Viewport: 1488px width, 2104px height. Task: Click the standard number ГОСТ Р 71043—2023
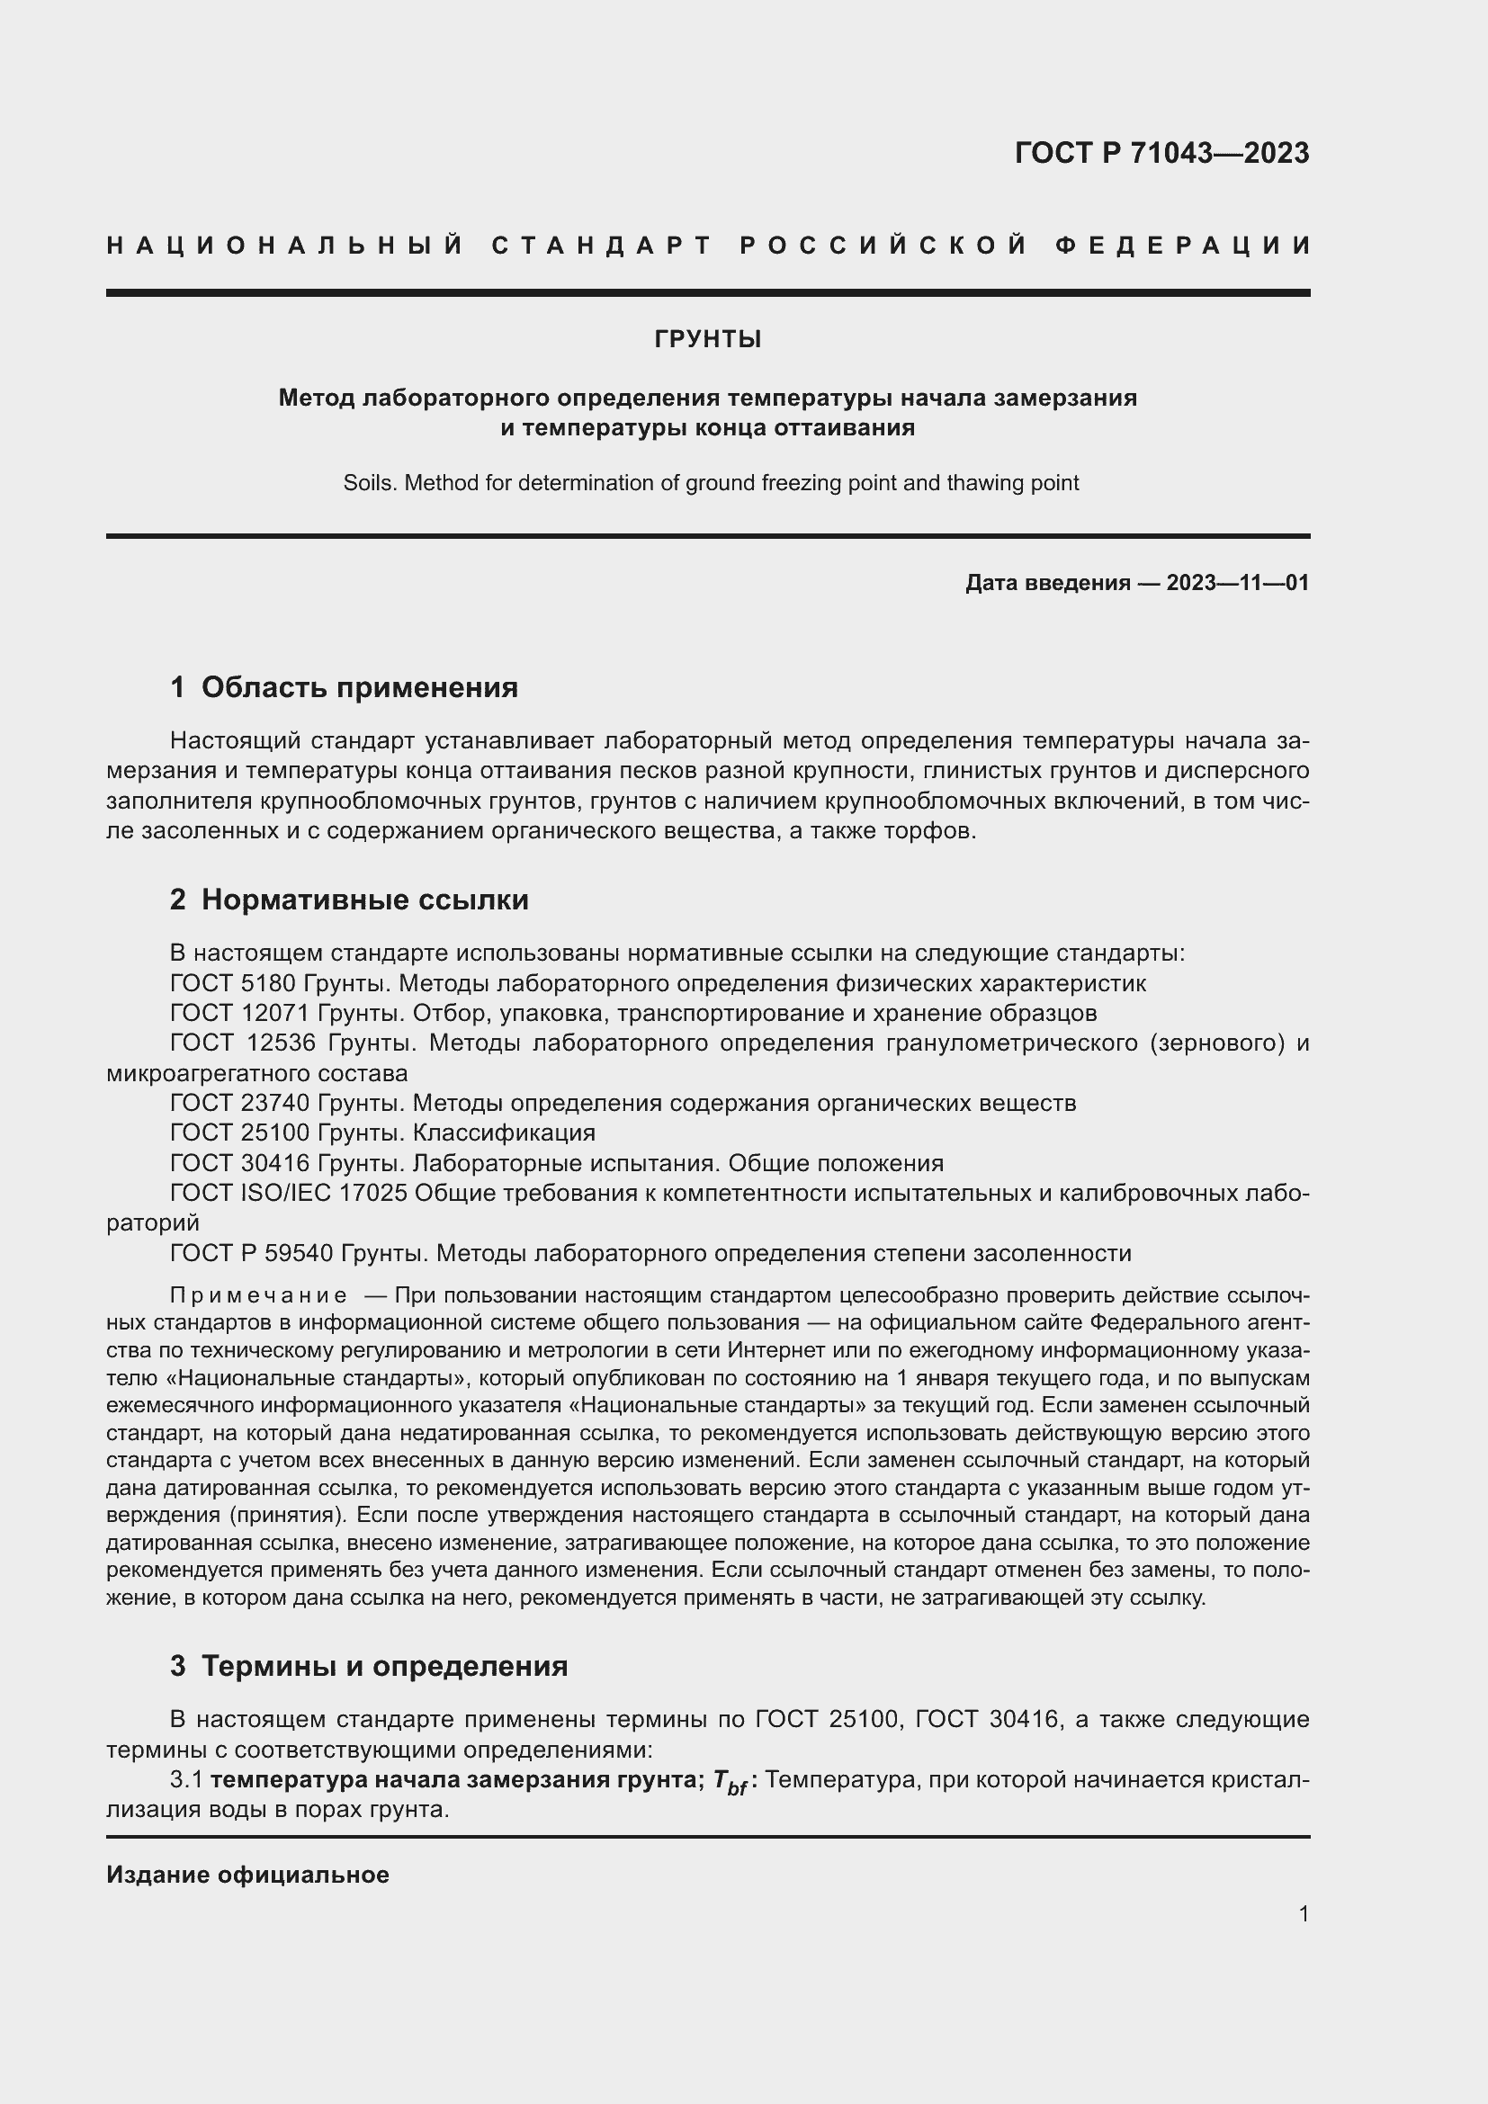click(x=1161, y=153)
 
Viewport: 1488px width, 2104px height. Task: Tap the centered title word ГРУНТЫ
click(x=707, y=340)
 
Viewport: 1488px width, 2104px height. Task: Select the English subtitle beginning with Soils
click(x=711, y=483)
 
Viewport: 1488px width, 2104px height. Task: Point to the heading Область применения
click(x=359, y=687)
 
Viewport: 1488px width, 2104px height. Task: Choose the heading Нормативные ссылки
click(x=364, y=900)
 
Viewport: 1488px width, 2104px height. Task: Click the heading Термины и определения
click(x=384, y=1665)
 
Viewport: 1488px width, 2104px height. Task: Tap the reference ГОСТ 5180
click(x=233, y=983)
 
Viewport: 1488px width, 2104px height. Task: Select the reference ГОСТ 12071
click(x=240, y=1014)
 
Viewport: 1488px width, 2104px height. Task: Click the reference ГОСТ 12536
click(x=242, y=1043)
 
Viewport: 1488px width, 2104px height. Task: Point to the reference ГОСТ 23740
click(x=240, y=1104)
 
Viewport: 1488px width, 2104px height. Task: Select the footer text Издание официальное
click(x=247, y=1875)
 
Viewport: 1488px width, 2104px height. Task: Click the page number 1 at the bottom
click(x=1303, y=1913)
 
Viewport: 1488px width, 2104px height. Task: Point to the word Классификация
click(x=503, y=1133)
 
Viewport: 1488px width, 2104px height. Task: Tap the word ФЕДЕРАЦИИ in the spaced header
click(x=1183, y=246)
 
